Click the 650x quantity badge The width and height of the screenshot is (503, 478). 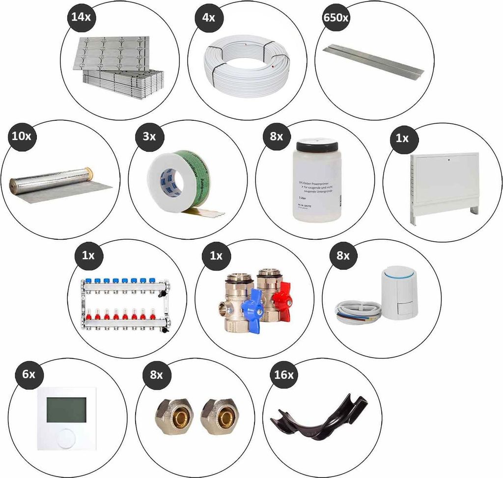point(336,18)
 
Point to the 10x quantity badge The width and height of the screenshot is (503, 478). point(20,136)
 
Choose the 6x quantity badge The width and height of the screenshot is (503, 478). point(29,374)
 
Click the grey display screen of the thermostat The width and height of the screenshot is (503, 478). point(66,409)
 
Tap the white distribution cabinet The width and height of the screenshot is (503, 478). point(444,181)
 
